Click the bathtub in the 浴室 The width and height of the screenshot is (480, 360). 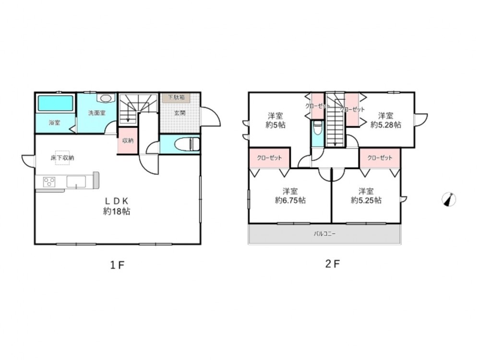tap(55, 103)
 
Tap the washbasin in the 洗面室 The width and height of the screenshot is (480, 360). tap(106, 98)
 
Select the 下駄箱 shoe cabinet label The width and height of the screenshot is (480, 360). tap(176, 97)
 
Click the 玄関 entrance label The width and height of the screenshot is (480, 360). tap(180, 113)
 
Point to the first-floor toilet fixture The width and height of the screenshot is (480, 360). tap(187, 143)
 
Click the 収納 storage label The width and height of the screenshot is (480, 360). tap(128, 141)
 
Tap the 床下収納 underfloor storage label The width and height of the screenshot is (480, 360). tap(62, 158)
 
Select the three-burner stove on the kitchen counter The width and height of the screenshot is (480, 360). tap(49, 182)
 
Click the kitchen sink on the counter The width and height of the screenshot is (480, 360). tap(76, 182)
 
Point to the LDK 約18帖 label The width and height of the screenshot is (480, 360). tap(117, 206)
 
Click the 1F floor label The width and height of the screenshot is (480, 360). tap(117, 265)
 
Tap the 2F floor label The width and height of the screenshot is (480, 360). tap(333, 264)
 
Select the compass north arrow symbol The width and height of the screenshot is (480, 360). tap(449, 200)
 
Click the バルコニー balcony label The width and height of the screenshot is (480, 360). tap(324, 234)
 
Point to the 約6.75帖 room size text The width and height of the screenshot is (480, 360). tap(290, 201)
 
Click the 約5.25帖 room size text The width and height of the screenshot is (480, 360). tap(366, 201)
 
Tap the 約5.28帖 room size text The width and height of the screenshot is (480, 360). tap(386, 125)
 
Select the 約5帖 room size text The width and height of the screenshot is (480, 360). tap(276, 125)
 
